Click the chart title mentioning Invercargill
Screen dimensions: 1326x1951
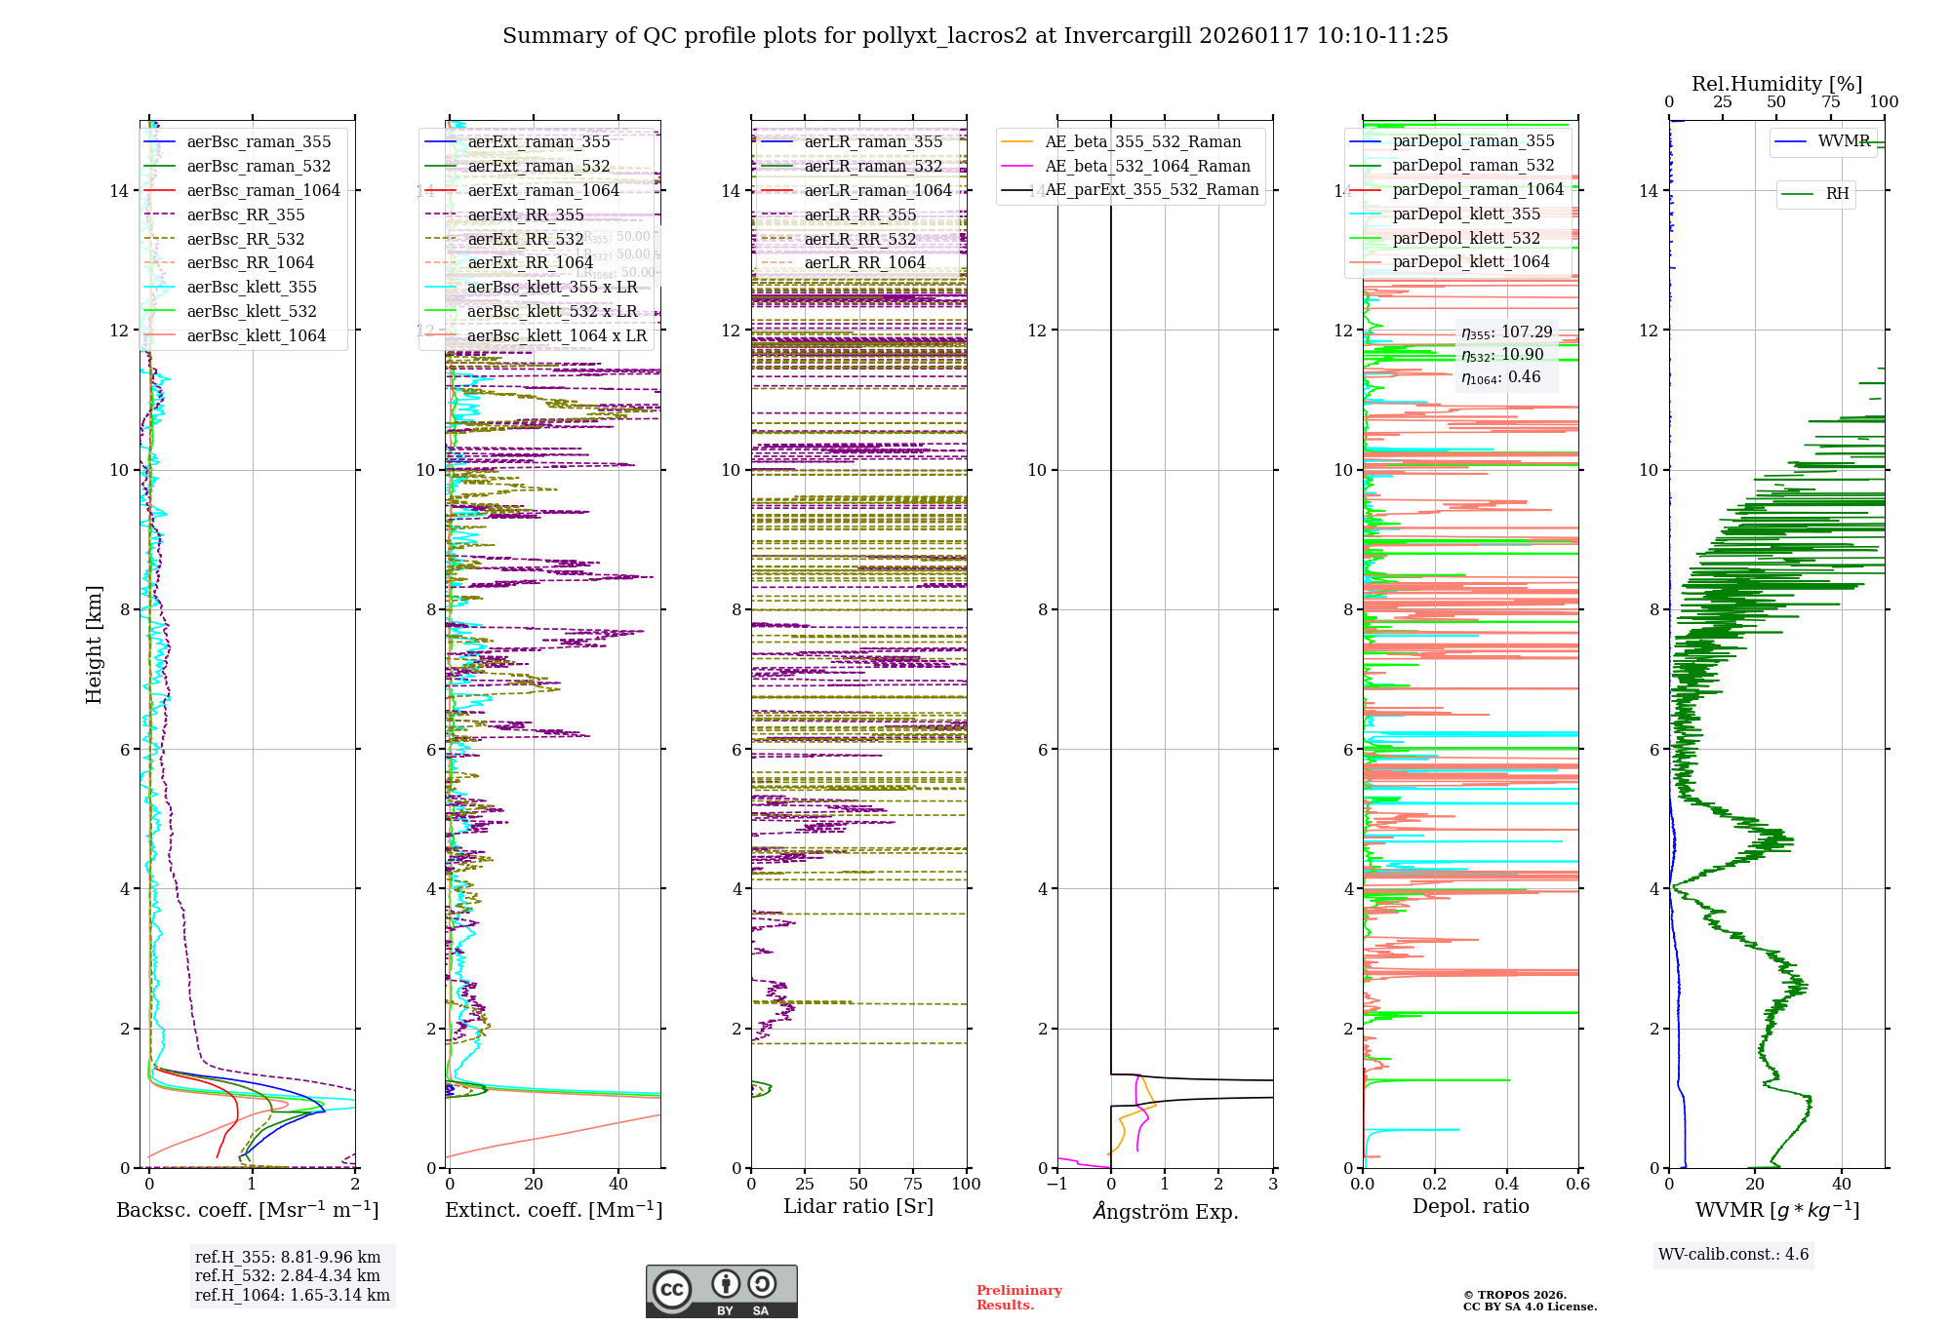(x=975, y=36)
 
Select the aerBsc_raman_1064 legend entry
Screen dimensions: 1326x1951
(x=263, y=190)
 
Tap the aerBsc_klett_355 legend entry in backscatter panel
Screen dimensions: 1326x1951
(x=252, y=287)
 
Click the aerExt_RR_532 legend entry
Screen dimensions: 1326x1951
(x=525, y=239)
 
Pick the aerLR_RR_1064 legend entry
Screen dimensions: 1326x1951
(x=864, y=262)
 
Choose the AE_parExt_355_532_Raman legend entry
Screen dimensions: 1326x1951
(x=1151, y=189)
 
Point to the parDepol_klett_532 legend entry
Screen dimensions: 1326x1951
(x=1466, y=238)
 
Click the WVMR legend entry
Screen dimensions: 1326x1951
(x=1844, y=141)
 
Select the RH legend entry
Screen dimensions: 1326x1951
(x=1837, y=194)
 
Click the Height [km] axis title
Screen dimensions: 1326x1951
(x=94, y=643)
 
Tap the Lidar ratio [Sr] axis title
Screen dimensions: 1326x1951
(x=858, y=1206)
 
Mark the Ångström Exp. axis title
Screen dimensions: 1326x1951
(x=1166, y=1211)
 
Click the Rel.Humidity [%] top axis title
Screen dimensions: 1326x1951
(x=1776, y=84)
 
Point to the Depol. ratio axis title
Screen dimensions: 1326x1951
(x=1470, y=1206)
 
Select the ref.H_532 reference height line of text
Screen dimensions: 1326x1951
(x=288, y=1275)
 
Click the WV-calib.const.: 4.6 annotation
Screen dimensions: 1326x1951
(x=1733, y=1254)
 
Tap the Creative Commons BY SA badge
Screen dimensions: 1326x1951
(x=721, y=1291)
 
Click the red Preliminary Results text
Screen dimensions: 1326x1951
(x=1018, y=1297)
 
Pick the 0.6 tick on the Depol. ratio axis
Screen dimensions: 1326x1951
(x=1577, y=1184)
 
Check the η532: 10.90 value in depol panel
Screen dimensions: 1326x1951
(x=1502, y=355)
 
